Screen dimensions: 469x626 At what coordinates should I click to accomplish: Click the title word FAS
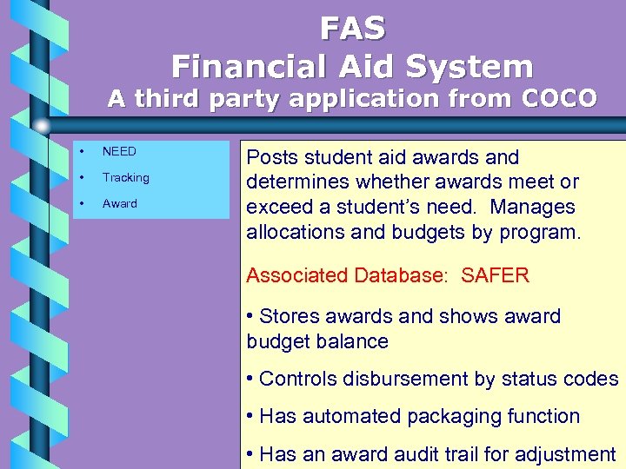[352, 30]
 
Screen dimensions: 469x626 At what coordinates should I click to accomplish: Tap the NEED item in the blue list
[119, 152]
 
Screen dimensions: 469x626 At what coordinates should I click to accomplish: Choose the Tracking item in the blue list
[125, 177]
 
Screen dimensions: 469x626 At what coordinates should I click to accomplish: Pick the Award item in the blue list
[120, 203]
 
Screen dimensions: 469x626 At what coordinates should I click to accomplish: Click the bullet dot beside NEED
[81, 152]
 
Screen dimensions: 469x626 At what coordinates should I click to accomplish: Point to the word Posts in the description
[270, 158]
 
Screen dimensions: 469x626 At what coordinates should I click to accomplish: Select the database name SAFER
[495, 276]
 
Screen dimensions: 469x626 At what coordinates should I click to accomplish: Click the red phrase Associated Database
[345, 276]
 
